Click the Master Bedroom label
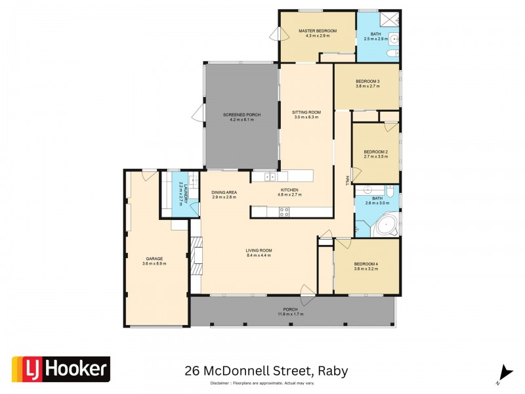[317, 31]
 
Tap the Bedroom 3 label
[367, 81]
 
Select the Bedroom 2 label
[375, 152]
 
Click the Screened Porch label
[241, 115]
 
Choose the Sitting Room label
[305, 112]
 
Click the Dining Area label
[224, 191]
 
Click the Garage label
[154, 259]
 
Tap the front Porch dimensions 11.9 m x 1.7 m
[290, 315]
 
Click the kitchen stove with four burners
[285, 211]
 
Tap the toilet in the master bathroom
[392, 53]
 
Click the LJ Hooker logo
[61, 369]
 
